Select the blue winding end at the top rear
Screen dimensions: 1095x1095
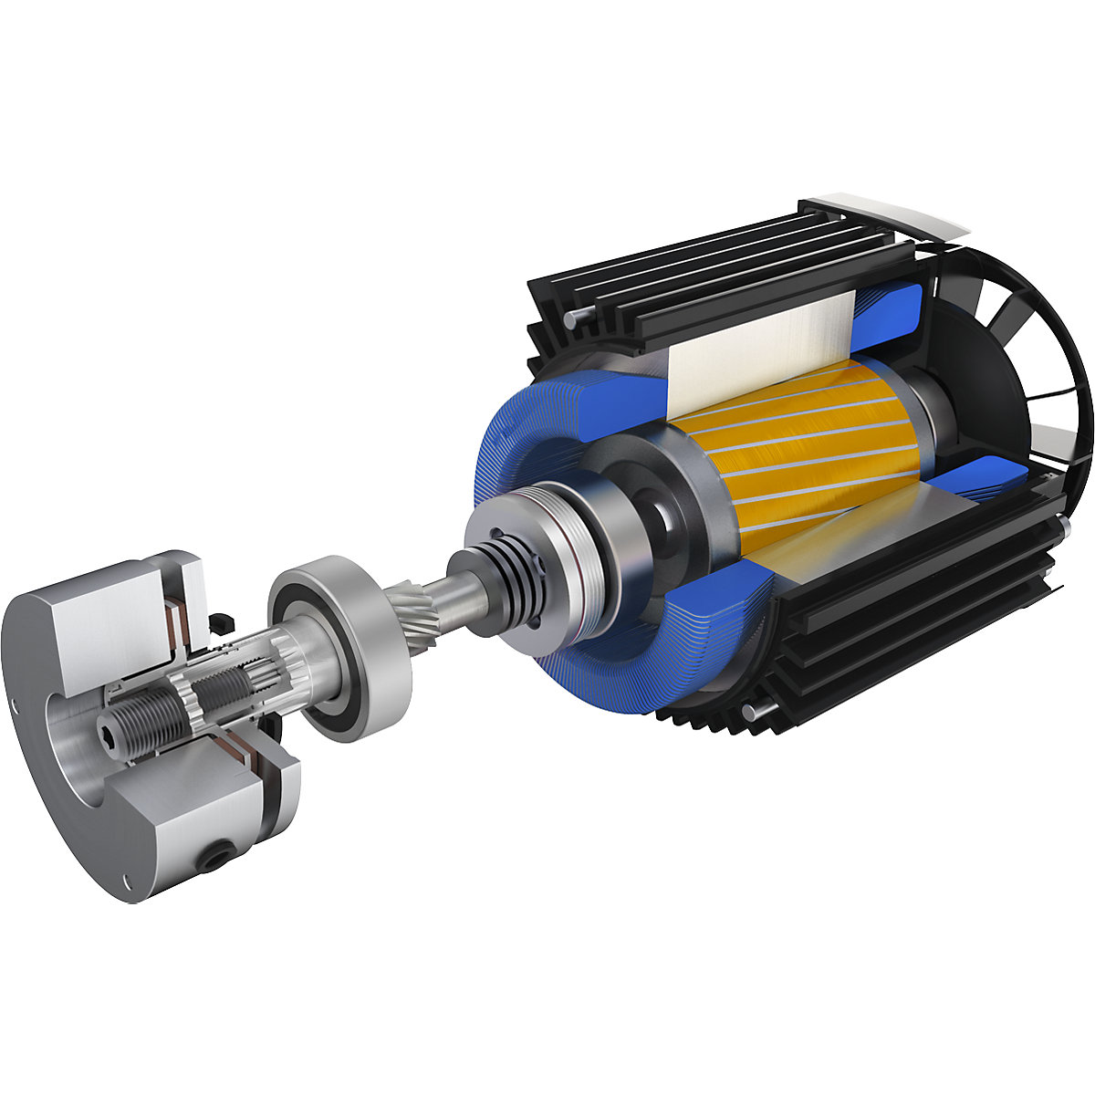[890, 310]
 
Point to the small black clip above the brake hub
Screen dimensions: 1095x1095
[218, 622]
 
